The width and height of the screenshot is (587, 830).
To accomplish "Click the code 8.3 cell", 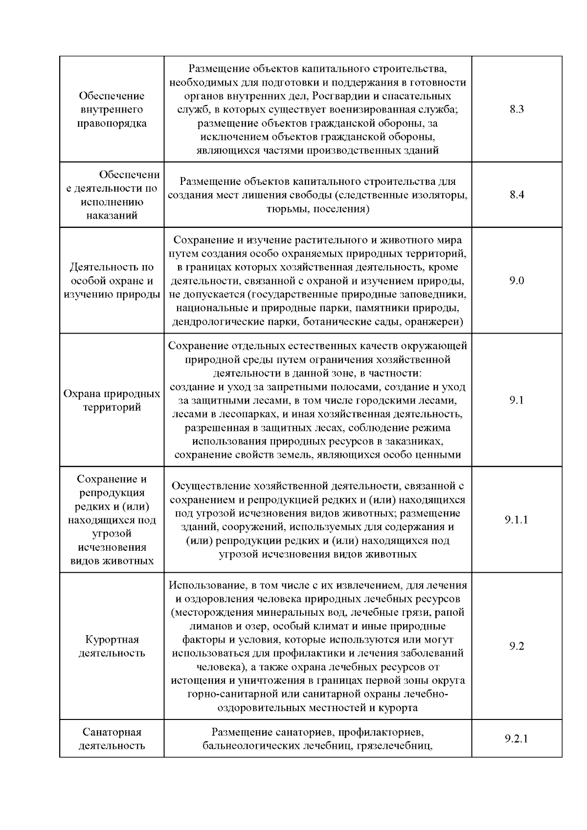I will coord(517,109).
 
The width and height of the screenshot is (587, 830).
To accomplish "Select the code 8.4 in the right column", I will coord(517,195).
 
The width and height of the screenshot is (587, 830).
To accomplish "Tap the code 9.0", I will coord(517,281).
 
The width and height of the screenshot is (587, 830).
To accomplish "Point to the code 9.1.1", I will coord(517,519).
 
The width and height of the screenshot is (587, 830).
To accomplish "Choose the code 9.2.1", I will coord(517,739).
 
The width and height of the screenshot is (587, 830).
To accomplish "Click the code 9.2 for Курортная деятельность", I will coord(517,646).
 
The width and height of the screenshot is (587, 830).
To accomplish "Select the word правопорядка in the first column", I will coord(112,123).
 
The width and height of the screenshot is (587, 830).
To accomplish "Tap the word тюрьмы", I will coord(286,209).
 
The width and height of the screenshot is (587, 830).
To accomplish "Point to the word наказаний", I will coord(112,215).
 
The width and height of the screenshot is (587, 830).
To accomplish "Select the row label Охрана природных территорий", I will coord(112,401).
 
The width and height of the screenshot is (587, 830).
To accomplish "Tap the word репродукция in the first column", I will coord(112,493).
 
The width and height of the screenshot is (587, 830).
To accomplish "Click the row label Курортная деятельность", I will coord(112,646).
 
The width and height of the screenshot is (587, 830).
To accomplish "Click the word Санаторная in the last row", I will coord(112,732).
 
